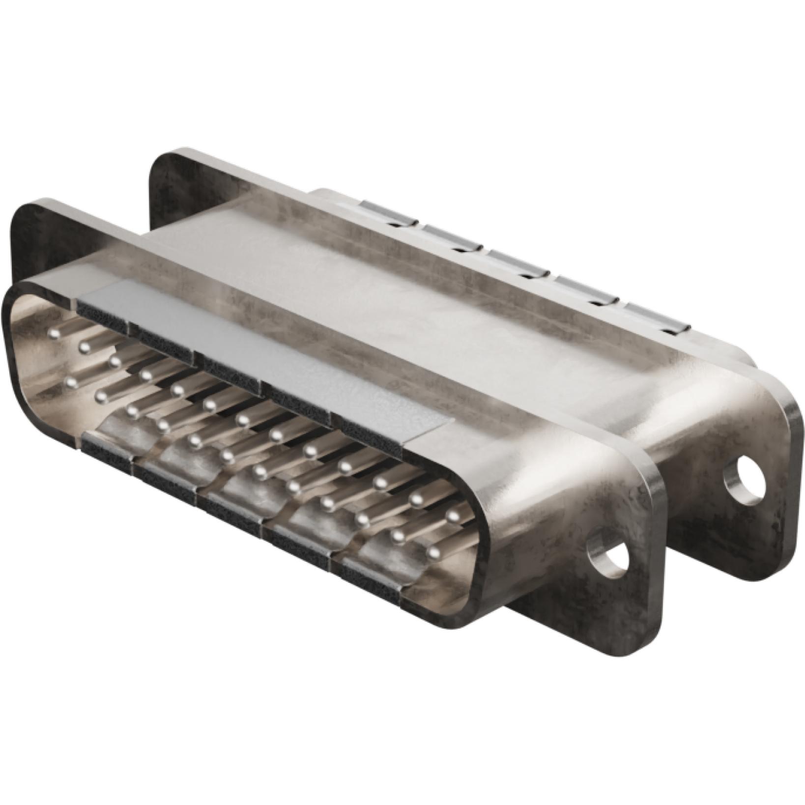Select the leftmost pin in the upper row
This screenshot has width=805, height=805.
tap(54, 334)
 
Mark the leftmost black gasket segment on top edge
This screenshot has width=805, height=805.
tap(102, 311)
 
